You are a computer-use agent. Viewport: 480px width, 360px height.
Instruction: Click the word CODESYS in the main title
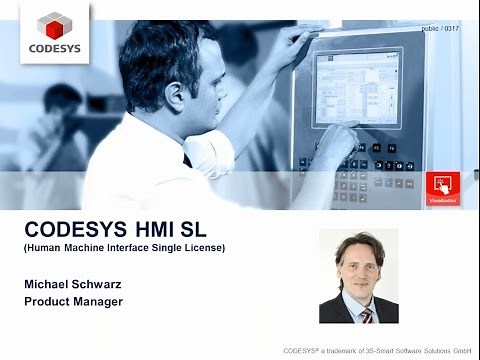[74, 227]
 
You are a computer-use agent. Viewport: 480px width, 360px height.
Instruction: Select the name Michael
[49, 285]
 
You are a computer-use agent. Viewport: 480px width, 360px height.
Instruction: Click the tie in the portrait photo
[366, 313]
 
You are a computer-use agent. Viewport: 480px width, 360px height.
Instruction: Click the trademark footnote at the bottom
[377, 351]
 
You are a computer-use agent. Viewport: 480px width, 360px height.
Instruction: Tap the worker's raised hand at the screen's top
[291, 39]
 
